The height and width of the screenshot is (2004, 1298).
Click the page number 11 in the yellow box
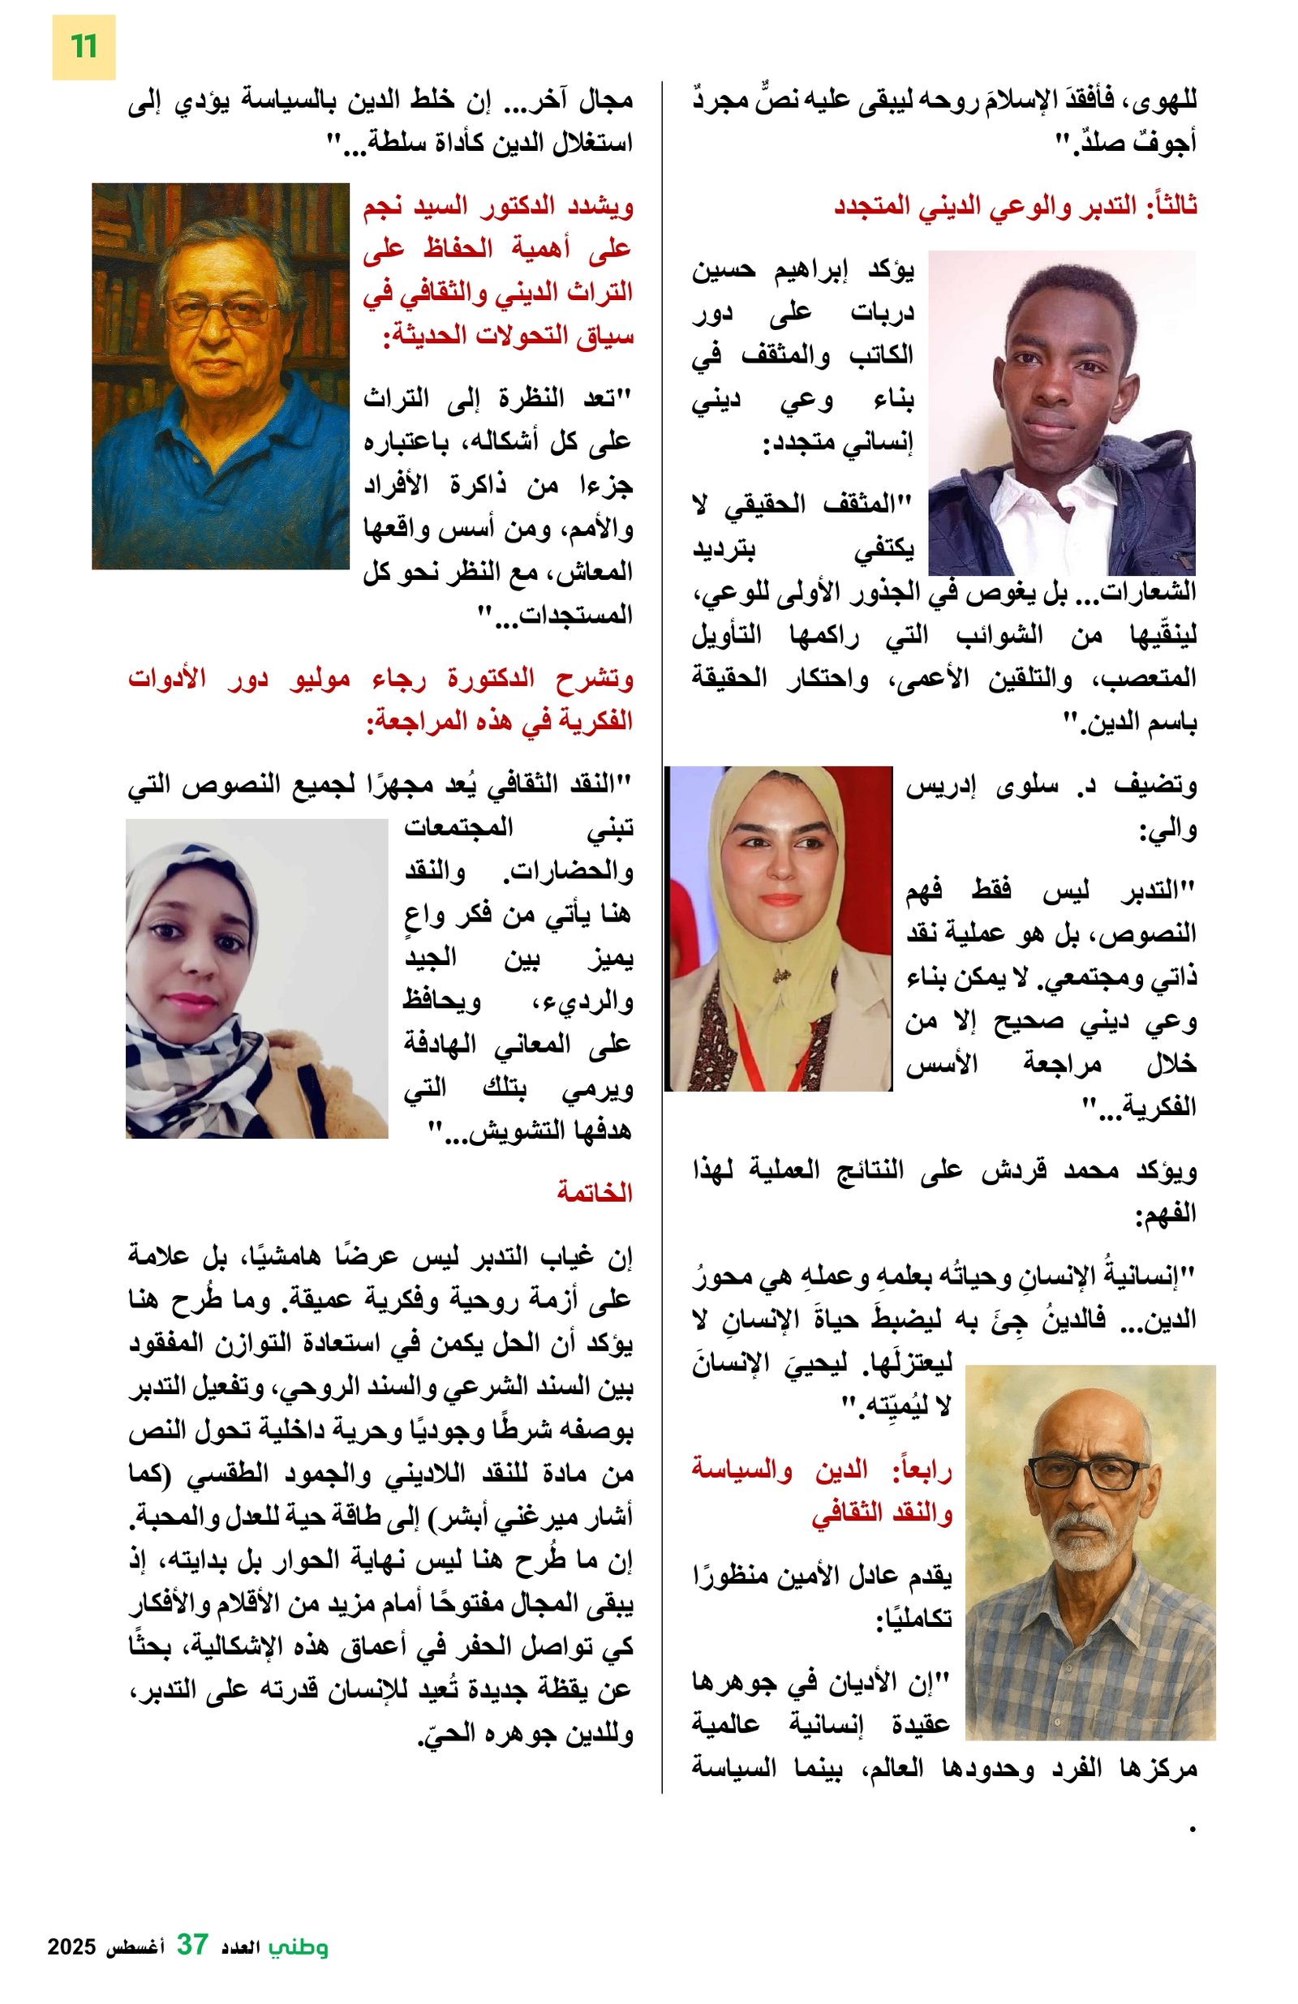(x=83, y=47)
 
